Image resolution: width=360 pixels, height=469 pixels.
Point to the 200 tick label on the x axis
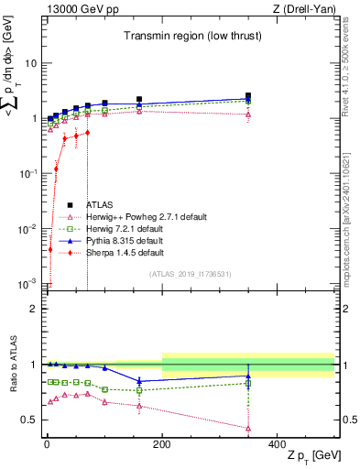(162, 443)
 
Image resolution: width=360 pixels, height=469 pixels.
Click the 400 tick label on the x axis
(278, 443)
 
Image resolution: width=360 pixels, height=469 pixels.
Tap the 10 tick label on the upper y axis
(29, 64)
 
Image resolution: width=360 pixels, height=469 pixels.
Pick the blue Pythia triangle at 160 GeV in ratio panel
(139, 381)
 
